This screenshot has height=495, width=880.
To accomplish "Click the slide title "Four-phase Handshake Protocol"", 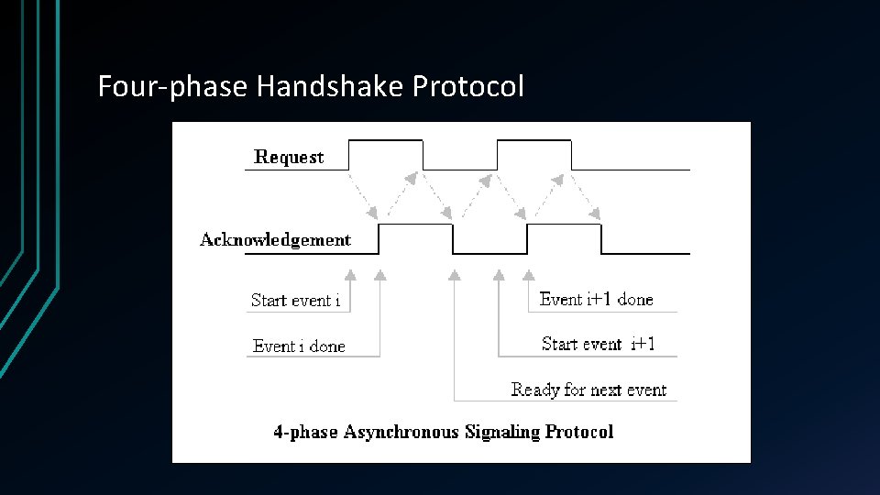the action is point(311,87).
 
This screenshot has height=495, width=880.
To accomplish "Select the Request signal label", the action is point(289,157).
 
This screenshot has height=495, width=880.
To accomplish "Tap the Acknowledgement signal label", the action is point(275,240).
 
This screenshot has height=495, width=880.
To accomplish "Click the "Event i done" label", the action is point(299,346).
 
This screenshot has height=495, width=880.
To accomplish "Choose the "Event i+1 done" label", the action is point(596,300).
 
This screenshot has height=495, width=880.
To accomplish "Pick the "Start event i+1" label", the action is point(598,345).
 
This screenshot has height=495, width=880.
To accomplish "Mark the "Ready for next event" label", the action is point(588,390).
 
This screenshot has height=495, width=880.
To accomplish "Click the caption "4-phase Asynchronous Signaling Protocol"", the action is point(443,432).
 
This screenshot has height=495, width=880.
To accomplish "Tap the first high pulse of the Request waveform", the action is point(386,140).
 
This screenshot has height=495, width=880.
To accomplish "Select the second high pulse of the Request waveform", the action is point(533,140).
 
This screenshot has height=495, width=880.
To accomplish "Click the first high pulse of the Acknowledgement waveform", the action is point(415,225).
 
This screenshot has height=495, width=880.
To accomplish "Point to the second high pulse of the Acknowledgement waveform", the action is point(564,225).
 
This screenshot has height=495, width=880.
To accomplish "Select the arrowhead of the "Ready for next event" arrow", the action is point(455,273).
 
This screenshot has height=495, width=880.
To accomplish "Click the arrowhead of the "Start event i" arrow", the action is point(349,273).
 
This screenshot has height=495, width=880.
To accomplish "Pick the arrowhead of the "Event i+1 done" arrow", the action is point(528,273).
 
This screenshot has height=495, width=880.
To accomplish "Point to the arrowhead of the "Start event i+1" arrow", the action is point(499,273).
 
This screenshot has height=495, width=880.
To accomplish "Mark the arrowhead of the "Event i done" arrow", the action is point(379,273).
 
